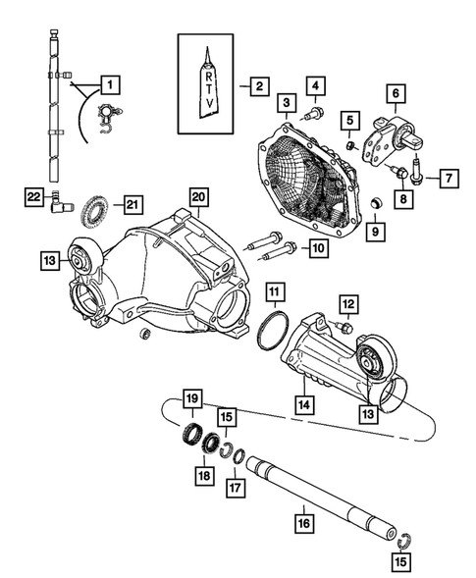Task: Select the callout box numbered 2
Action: click(257, 86)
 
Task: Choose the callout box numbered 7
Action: click(445, 179)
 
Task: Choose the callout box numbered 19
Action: click(191, 398)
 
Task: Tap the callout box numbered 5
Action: click(349, 120)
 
